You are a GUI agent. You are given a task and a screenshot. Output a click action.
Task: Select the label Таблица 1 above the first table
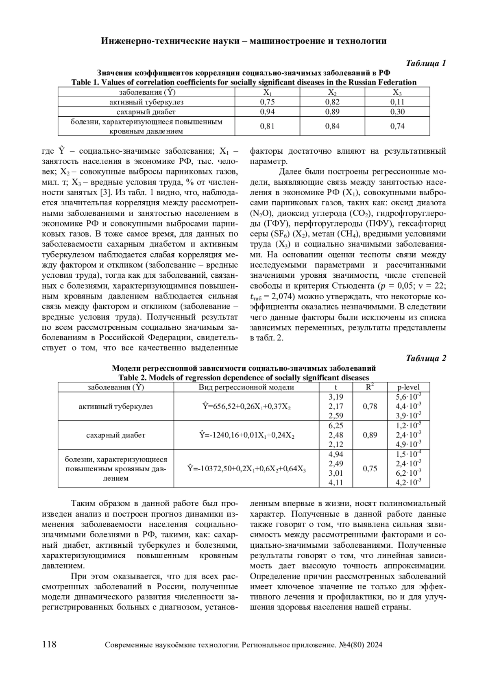point(426,63)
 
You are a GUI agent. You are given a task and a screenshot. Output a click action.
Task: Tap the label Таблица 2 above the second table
point(426,358)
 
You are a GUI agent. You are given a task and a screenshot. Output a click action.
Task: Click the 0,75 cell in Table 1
point(267,102)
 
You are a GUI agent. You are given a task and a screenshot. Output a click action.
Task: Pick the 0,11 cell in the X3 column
point(397,102)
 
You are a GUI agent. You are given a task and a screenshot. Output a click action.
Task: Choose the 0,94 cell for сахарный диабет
point(267,112)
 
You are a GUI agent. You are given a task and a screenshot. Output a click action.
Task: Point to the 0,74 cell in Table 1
point(397,126)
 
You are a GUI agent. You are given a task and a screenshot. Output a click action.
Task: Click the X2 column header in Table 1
point(332,92)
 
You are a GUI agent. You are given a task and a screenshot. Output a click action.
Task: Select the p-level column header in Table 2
point(408,387)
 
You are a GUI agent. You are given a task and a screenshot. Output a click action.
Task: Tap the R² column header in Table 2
point(370,387)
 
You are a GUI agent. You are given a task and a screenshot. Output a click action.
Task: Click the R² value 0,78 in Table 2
point(370,406)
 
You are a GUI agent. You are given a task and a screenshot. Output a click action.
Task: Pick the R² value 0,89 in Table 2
point(370,435)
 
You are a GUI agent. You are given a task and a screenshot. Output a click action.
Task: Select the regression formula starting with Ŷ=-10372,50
point(246,469)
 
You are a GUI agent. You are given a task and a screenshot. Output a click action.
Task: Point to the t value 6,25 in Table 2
point(335,425)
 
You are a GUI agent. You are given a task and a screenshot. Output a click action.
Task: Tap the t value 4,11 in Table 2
point(335,483)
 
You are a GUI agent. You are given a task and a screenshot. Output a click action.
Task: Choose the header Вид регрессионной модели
point(246,387)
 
